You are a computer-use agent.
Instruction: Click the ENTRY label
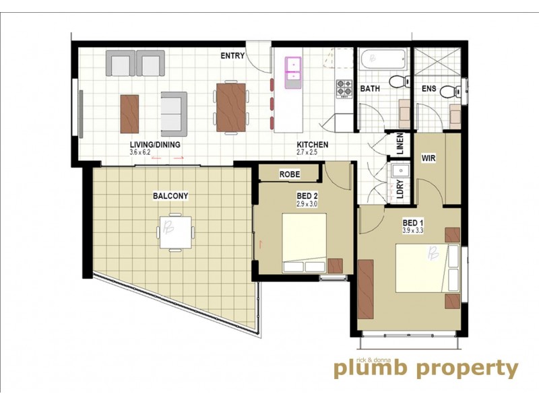point(232,57)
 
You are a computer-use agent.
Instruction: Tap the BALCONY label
point(170,196)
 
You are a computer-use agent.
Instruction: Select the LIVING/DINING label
point(155,145)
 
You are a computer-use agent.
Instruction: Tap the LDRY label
point(400,191)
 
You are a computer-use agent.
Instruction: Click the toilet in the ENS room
point(447,90)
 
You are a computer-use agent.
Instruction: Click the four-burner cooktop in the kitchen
point(344,88)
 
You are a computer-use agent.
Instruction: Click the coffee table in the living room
point(129,113)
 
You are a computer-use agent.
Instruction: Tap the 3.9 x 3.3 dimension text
point(414,230)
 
